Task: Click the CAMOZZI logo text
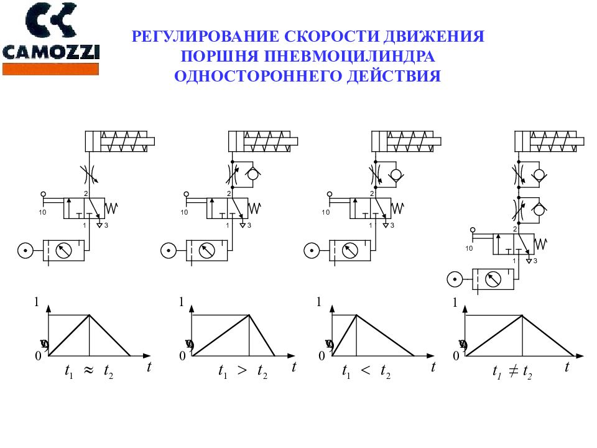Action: [51, 52]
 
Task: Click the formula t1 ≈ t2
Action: [89, 371]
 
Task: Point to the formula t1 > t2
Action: [242, 372]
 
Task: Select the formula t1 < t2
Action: [366, 372]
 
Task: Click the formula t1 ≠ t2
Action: [511, 372]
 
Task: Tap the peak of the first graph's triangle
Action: [90, 315]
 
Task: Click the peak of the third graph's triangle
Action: [356, 315]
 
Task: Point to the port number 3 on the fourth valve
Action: [535, 260]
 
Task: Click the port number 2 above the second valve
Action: [229, 194]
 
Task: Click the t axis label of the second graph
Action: [294, 367]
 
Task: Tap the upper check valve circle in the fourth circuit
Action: [539, 174]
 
